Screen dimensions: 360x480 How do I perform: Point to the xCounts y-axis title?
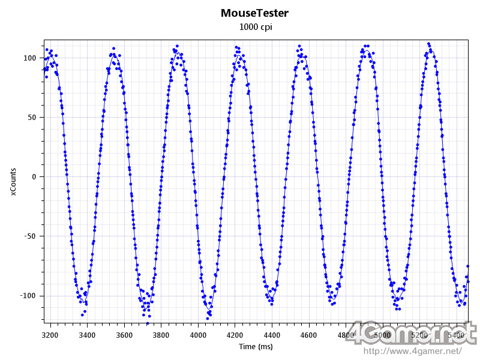[x=13, y=181]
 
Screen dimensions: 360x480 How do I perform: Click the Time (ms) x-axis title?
[x=256, y=347]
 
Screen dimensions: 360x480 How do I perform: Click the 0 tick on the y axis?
[x=34, y=177]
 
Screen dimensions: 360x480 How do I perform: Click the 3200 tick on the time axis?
[x=50, y=334]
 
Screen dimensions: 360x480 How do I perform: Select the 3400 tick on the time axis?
[x=87, y=334]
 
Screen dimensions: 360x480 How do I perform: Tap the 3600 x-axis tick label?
[x=124, y=334]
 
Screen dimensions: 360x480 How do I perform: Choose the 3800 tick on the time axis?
[x=161, y=334]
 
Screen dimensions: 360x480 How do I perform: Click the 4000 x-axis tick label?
[x=198, y=334]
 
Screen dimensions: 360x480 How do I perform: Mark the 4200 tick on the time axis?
[x=235, y=334]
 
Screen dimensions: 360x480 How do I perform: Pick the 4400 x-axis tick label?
[x=272, y=334]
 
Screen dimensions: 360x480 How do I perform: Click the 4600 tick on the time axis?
[x=309, y=334]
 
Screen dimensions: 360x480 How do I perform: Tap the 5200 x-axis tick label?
[x=420, y=334]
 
